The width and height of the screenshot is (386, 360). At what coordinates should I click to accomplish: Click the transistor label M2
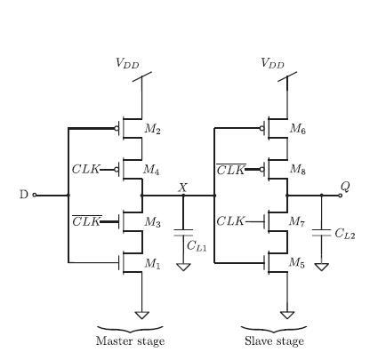coord(152,131)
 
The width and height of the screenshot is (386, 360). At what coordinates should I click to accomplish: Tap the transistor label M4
coord(152,170)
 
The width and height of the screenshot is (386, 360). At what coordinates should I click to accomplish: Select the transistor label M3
coord(152,221)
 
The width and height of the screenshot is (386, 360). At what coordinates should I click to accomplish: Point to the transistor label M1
coord(152,264)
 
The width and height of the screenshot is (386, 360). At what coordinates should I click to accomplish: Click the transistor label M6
coord(298,129)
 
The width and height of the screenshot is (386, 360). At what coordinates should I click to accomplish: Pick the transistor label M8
coord(298,169)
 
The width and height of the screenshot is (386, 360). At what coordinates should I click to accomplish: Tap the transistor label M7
coord(298,221)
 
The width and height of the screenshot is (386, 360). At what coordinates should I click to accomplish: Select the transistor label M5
coord(298,264)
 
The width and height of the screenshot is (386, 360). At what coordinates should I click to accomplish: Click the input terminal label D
coord(24,195)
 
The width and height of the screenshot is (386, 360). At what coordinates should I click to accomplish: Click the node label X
coord(182,188)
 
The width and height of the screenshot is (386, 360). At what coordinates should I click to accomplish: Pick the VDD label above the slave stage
coord(272,63)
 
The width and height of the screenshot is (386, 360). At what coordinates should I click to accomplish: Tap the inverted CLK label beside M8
coord(231,169)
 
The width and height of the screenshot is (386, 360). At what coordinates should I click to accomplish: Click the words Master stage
coord(130,340)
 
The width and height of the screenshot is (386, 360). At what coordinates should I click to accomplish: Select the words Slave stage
coord(273,340)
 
